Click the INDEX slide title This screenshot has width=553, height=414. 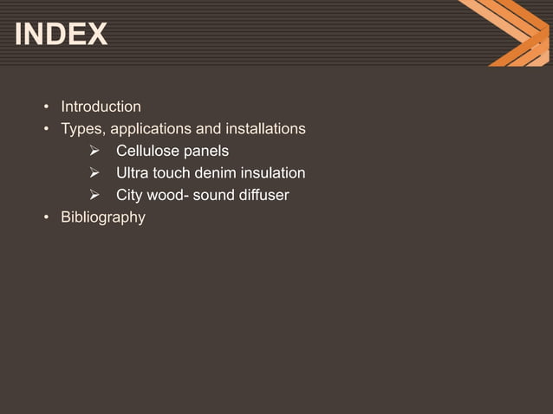[x=61, y=35]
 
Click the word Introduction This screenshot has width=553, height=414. [x=101, y=107]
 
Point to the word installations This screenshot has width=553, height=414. [x=264, y=129]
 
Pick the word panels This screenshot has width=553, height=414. [x=205, y=152]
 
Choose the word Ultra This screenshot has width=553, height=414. [x=133, y=173]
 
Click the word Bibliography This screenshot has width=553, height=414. [x=102, y=217]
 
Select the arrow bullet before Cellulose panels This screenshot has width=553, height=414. [x=95, y=152]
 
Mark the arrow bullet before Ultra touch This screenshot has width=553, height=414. [x=95, y=173]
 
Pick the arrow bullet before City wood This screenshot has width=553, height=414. [x=95, y=195]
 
